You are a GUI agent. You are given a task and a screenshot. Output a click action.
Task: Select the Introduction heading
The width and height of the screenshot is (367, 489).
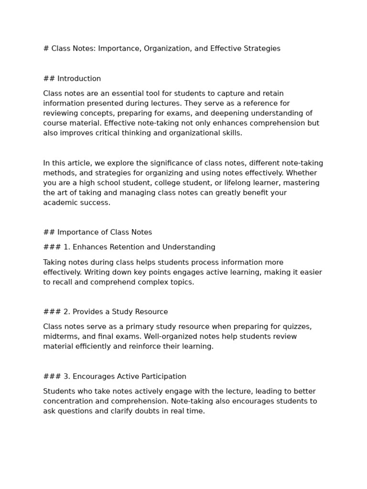79,79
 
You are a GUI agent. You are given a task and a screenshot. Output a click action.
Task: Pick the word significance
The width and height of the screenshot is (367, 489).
157,163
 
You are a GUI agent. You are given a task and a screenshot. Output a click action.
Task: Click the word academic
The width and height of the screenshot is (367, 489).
57,202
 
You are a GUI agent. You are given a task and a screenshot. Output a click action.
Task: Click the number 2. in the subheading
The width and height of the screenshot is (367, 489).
66,312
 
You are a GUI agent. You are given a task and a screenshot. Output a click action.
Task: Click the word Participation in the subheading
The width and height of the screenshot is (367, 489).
162,376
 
